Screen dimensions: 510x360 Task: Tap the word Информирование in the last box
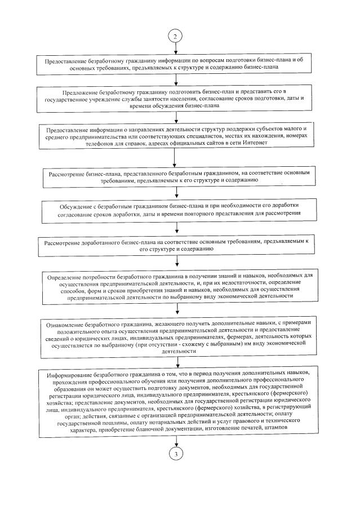coord(69,375)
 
